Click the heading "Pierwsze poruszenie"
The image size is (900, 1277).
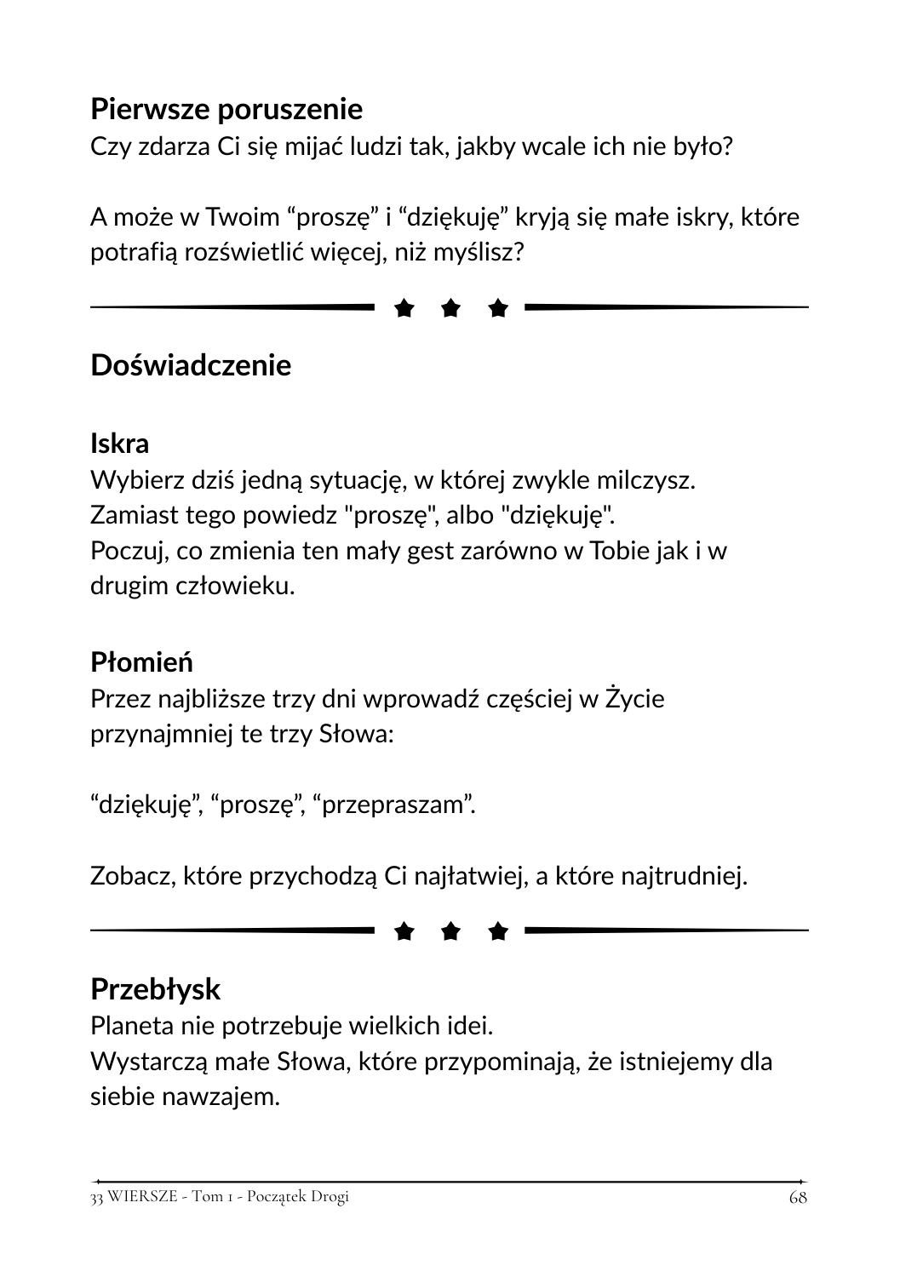(226, 109)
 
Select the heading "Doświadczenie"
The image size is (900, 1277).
(191, 365)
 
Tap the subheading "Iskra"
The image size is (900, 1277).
(119, 444)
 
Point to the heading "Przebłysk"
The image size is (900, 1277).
(155, 989)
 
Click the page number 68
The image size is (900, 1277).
(798, 1197)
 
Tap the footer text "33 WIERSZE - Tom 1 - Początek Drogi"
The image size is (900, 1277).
(220, 1196)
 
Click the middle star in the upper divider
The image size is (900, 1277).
(451, 308)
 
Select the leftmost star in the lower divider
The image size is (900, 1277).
(404, 932)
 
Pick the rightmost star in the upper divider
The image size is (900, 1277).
(498, 308)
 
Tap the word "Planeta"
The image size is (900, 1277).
(134, 1026)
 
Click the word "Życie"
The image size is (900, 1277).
(633, 699)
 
